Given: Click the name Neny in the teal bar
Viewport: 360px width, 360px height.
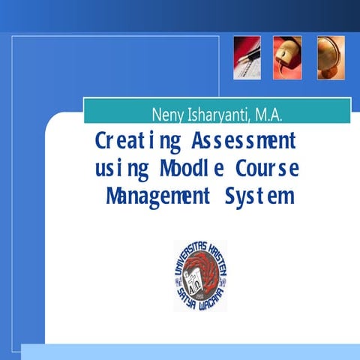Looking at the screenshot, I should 166,115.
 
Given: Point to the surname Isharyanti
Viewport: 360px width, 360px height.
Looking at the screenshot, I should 217,115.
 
